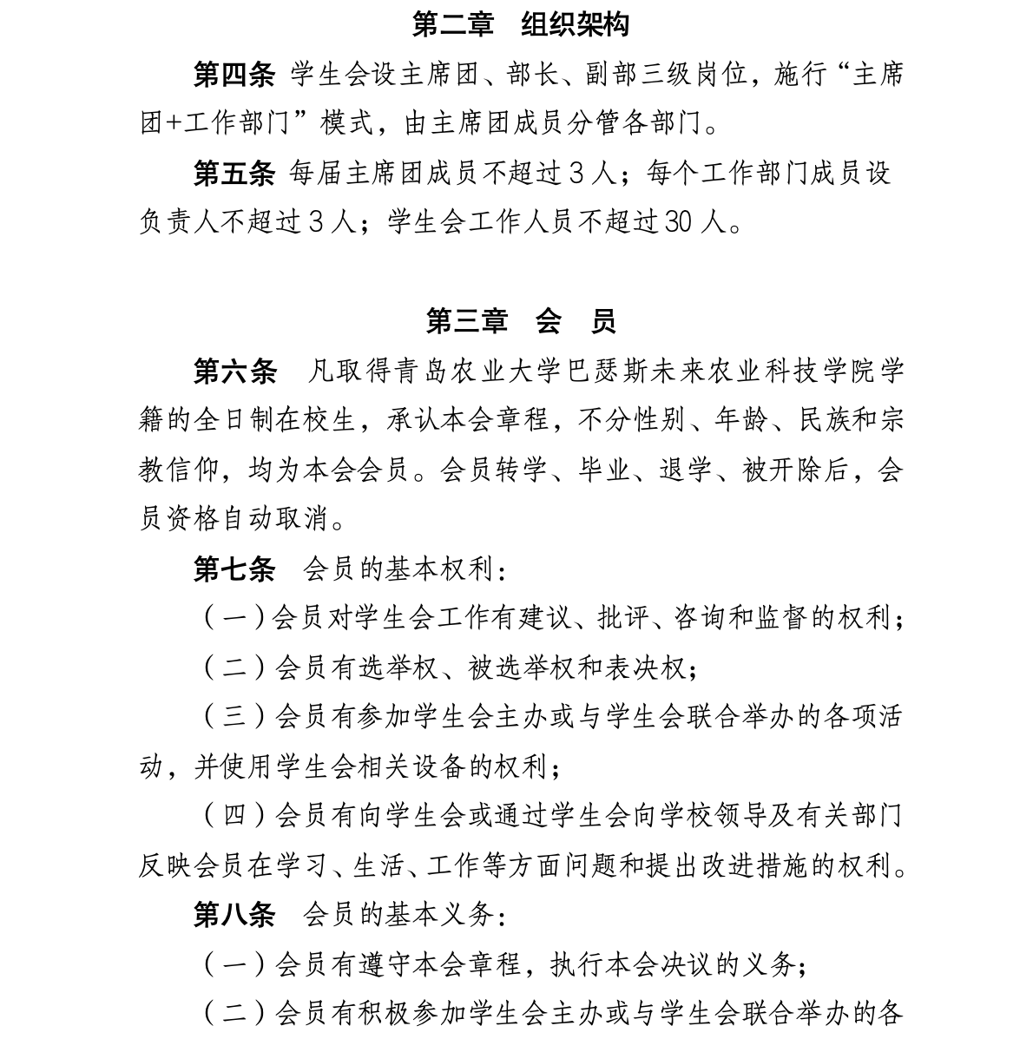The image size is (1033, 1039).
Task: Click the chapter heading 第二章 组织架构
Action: click(x=520, y=24)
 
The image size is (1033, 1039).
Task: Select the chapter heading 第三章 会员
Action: click(x=520, y=321)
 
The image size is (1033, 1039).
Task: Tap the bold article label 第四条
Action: click(x=233, y=75)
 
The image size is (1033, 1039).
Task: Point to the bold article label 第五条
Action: click(x=233, y=174)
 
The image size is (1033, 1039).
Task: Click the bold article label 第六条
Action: click(x=234, y=372)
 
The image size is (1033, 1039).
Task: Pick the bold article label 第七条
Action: click(x=234, y=569)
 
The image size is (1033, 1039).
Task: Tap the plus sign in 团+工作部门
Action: click(x=173, y=124)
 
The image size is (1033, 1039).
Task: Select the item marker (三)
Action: click(x=235, y=717)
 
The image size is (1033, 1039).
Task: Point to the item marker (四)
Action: click(x=235, y=816)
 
